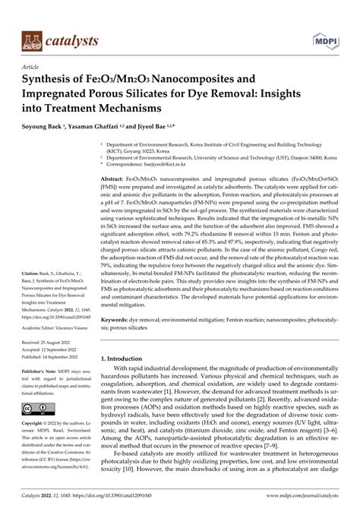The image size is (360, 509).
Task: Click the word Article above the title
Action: tap(33, 67)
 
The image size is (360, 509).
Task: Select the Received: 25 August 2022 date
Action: tap(53, 343)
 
